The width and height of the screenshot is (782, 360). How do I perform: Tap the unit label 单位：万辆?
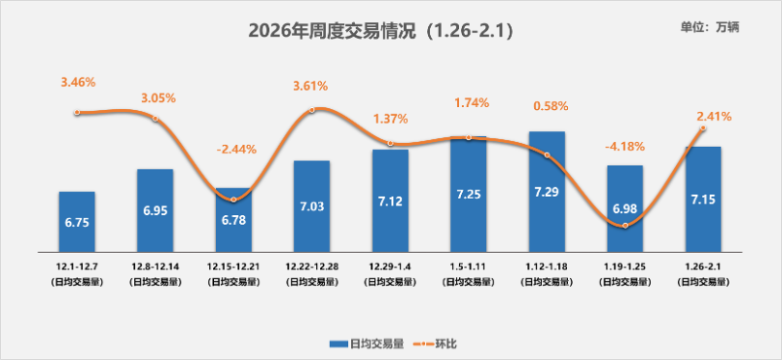point(710,27)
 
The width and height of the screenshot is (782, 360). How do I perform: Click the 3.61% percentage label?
point(311,87)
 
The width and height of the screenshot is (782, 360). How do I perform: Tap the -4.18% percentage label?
point(624,147)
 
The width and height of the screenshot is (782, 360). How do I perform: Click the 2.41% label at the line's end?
point(714,117)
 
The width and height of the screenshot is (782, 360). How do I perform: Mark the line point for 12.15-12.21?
point(233,198)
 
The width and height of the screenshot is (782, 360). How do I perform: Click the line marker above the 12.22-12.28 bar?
point(311,110)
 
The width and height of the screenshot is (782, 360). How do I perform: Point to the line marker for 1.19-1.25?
point(624,226)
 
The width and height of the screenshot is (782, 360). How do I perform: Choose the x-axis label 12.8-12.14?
point(155,266)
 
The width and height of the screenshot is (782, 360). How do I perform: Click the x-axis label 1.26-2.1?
point(703,266)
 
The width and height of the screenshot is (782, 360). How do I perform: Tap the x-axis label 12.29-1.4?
point(390,266)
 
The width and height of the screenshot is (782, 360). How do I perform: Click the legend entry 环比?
point(435,343)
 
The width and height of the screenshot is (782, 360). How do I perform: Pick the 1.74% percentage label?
point(469,102)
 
